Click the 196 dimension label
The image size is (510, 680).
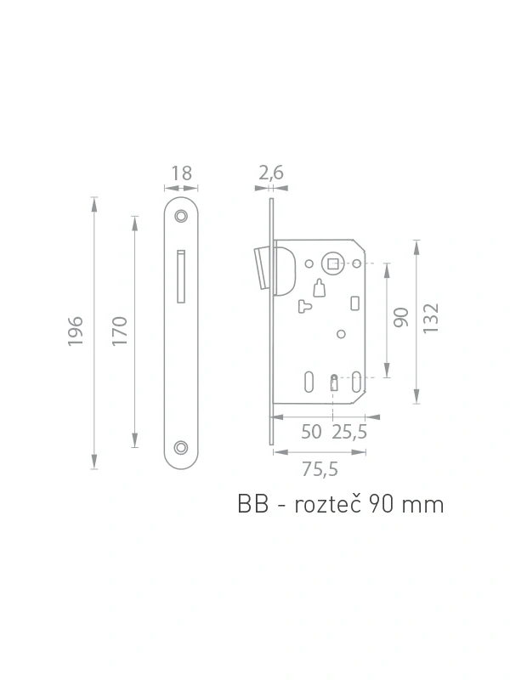[76, 331]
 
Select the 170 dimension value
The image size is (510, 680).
[120, 331]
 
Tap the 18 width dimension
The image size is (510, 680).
[181, 173]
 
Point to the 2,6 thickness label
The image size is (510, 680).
[271, 173]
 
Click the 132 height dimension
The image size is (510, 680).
[431, 319]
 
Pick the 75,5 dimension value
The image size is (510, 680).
[320, 469]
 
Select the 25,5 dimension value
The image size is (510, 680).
[349, 432]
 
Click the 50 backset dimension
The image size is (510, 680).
[311, 432]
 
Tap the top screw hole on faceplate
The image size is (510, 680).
[181, 216]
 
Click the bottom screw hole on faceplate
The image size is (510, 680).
[181, 448]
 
